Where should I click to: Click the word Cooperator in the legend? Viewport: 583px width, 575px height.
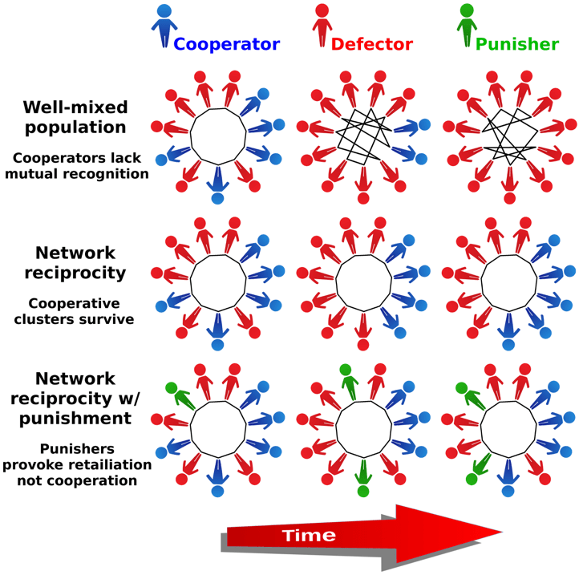point(227,44)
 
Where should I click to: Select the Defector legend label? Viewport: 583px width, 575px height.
point(372,44)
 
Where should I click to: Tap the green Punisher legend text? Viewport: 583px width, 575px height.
point(517,44)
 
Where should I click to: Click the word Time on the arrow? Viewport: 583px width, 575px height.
point(309,535)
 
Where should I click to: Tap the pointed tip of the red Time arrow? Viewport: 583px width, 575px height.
point(500,531)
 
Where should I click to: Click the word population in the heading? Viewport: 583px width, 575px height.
point(75,128)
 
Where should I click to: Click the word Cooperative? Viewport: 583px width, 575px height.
point(74,304)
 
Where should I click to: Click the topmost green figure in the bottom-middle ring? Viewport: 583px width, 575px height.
point(347,379)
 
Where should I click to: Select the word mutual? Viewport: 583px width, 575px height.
point(36,173)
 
